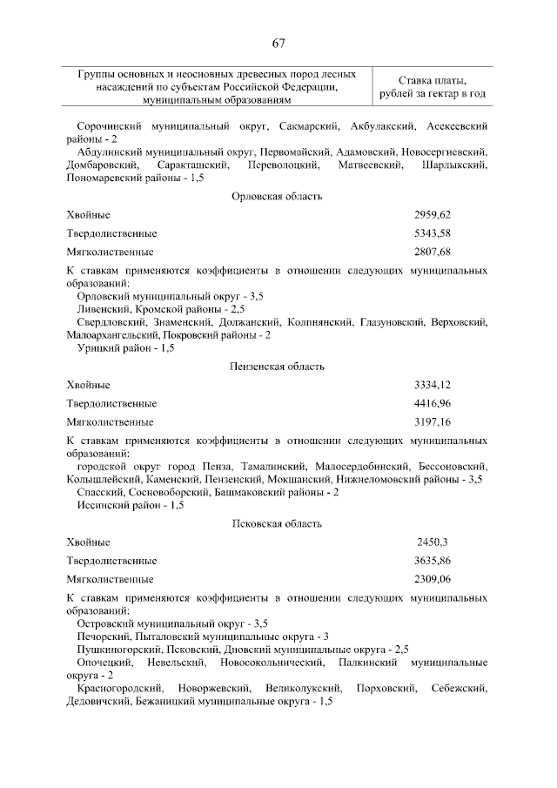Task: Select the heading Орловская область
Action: coord(278,197)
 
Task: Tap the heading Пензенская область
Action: coord(278,367)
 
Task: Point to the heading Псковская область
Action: coord(278,523)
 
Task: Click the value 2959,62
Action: coord(433,214)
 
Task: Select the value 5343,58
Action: coord(433,233)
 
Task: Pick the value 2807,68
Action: coord(433,253)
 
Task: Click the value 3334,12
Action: coord(433,385)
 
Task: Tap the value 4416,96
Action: coord(433,404)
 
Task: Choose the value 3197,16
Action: coord(433,423)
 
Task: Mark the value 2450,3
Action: coord(433,542)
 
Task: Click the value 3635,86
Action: coord(433,561)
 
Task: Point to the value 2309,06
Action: coord(433,579)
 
